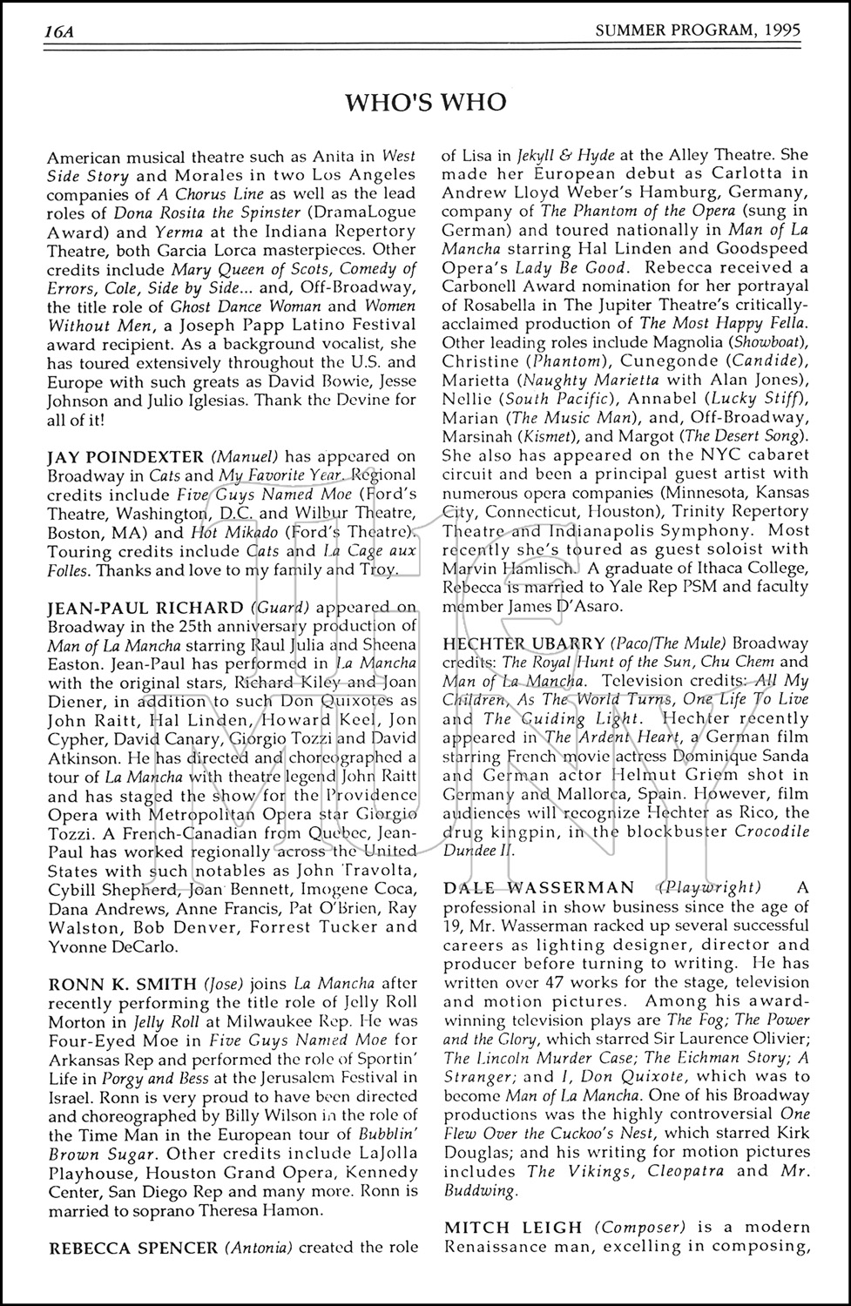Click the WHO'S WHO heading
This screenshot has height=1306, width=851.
(x=425, y=103)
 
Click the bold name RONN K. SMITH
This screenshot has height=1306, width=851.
(x=123, y=984)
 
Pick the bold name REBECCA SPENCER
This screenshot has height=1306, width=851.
(x=133, y=1247)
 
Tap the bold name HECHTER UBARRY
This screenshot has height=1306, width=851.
(x=523, y=643)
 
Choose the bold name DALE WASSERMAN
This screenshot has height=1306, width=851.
(x=539, y=887)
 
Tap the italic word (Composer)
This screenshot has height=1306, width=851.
(x=640, y=1228)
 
